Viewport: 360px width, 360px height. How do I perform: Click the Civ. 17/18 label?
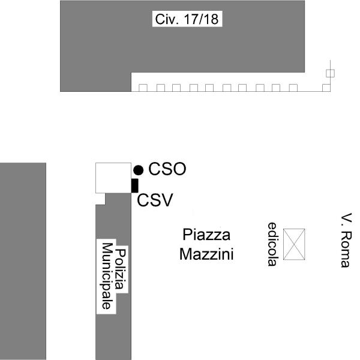pos(187,19)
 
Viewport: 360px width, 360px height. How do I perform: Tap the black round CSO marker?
pos(139,170)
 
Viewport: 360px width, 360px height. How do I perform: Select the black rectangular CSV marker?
pos(135,185)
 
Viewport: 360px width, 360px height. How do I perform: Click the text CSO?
pos(167,169)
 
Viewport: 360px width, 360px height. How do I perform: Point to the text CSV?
pos(155,200)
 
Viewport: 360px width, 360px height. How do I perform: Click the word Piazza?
pos(206,235)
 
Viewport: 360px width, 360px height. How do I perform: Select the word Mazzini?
pos(206,254)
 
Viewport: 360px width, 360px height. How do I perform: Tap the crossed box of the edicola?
pos(294,244)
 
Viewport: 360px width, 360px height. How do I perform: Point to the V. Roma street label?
pos(346,240)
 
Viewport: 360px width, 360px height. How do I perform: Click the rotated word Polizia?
pos(121,269)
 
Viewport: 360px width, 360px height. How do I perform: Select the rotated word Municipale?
pos(107,276)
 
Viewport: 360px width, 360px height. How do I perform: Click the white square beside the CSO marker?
pos(113,178)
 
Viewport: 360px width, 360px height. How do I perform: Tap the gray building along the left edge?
pos(23,261)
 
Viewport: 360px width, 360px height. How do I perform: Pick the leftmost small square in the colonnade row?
pos(143,88)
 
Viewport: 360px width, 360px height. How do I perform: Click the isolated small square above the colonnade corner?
pos(330,73)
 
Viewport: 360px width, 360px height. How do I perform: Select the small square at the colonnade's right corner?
pos(326,88)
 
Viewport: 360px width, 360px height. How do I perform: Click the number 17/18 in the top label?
pos(201,19)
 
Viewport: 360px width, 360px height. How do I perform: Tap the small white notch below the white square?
pos(100,199)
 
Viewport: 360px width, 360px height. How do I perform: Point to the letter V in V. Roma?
pos(346,217)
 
